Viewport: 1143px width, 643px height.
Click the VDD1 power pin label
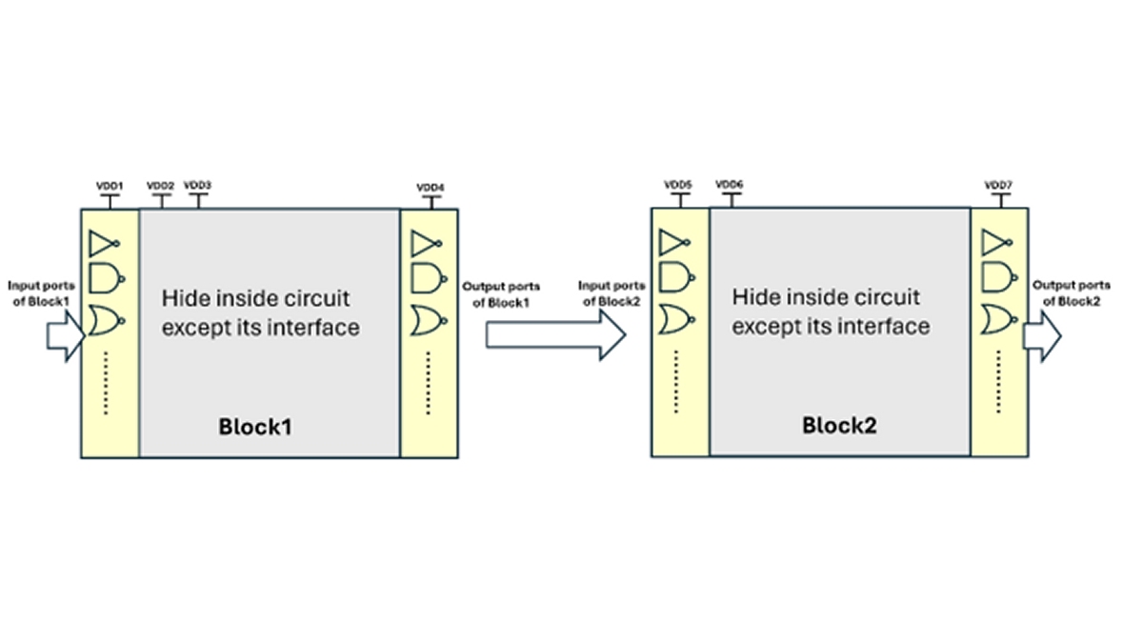pos(110,187)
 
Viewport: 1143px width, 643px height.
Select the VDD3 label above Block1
pos(197,185)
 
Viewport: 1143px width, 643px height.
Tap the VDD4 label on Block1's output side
pos(431,188)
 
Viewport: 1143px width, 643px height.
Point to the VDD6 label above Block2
pos(730,184)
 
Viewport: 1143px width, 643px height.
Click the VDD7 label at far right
pos(999,185)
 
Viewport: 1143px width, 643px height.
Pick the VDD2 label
pos(160,185)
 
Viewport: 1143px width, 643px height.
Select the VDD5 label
pos(678,185)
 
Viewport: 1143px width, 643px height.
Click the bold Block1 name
pos(255,427)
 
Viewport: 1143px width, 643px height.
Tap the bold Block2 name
pos(838,425)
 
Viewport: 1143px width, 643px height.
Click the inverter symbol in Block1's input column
pos(106,244)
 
